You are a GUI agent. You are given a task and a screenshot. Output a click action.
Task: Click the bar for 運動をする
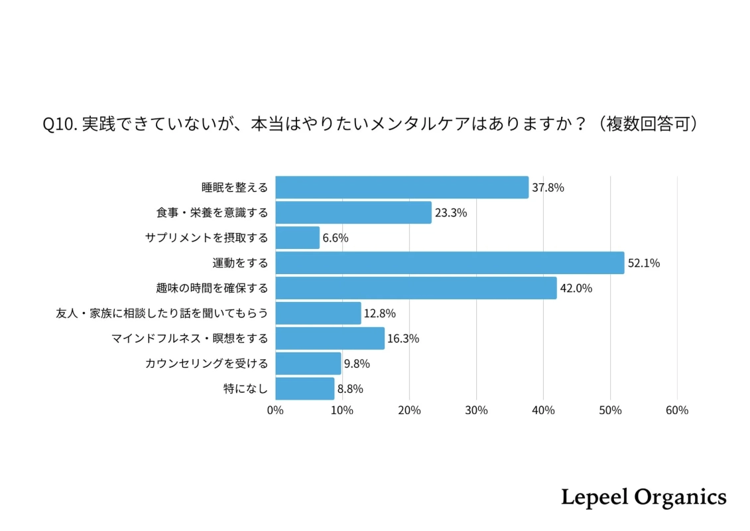pyautogui.click(x=450, y=263)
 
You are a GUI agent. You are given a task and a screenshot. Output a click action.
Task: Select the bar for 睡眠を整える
pyautogui.click(x=402, y=187)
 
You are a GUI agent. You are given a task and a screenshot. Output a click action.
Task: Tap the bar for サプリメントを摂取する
pyautogui.click(x=297, y=238)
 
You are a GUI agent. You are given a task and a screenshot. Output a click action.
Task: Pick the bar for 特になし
pyautogui.click(x=304, y=389)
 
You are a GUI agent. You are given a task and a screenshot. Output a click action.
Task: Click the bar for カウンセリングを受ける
pyautogui.click(x=308, y=364)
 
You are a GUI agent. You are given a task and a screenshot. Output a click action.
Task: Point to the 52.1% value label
pyautogui.click(x=643, y=263)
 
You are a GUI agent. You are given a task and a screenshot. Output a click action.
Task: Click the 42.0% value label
pyautogui.click(x=576, y=288)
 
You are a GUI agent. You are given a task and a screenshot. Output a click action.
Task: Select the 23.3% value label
pyautogui.click(x=451, y=212)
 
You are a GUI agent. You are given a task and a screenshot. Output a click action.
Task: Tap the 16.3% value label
pyautogui.click(x=403, y=339)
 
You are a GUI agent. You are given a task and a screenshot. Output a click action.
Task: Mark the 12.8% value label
pyautogui.click(x=379, y=313)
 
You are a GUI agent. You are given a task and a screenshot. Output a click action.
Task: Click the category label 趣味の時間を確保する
pyautogui.click(x=212, y=288)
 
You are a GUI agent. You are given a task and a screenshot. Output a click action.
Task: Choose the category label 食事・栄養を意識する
pyautogui.click(x=212, y=212)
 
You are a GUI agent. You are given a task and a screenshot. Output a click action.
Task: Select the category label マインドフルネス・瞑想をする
pyautogui.click(x=190, y=339)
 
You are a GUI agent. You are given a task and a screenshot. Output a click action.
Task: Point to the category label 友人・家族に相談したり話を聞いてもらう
pyautogui.click(x=162, y=313)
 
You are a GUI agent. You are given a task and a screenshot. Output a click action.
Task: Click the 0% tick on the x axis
pyautogui.click(x=275, y=410)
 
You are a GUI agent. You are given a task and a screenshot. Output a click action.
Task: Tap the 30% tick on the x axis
pyautogui.click(x=476, y=410)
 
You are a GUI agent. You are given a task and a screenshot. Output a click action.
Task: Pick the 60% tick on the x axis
pyautogui.click(x=676, y=410)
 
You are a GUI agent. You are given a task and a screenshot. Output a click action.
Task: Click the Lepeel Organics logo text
pyautogui.click(x=643, y=497)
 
